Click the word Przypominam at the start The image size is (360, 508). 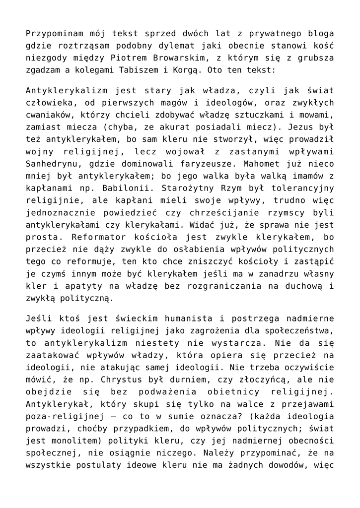[x=51, y=34]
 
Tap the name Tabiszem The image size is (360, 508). [x=139, y=70]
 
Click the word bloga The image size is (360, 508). [x=321, y=34]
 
